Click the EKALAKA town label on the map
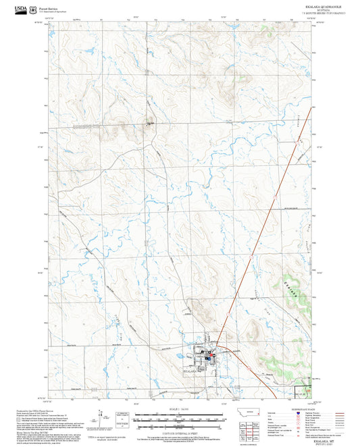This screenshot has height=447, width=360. [x=192, y=371]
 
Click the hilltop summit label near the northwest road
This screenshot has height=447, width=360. [x=149, y=124]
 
